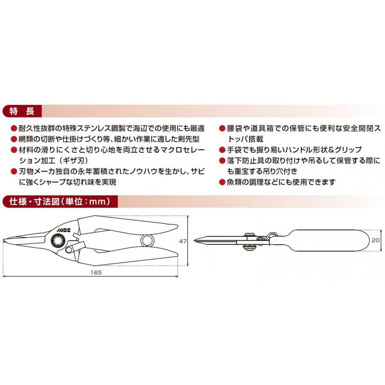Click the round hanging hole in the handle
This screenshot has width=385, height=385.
click(147, 240)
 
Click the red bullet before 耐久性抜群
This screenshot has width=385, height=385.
click(14, 128)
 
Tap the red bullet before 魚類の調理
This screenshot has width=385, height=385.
click(222, 182)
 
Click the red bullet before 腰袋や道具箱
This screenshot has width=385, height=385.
click(222, 128)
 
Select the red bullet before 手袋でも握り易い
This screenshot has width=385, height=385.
click(222, 150)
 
